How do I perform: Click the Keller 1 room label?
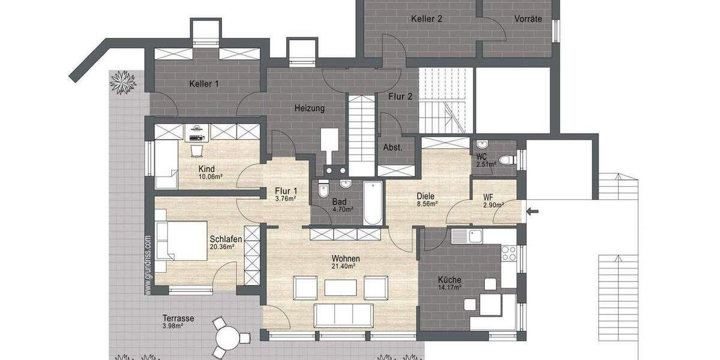click(x=204, y=84)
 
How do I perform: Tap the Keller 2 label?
click(x=427, y=19)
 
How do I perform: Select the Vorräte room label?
click(x=528, y=19)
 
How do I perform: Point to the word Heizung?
click(x=310, y=109)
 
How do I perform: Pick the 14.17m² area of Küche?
click(x=449, y=287)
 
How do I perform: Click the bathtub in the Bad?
click(x=373, y=203)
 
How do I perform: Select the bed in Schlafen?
click(x=173, y=240)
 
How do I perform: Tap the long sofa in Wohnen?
click(x=344, y=316)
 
